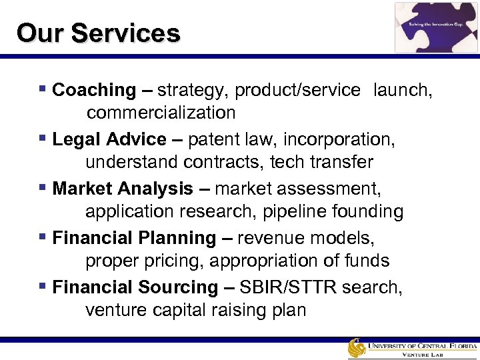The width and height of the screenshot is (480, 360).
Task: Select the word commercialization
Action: [161, 113]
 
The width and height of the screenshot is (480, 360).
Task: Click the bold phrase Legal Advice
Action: [109, 139]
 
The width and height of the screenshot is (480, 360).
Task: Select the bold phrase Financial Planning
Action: [134, 238]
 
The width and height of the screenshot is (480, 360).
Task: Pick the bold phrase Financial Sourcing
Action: [135, 287]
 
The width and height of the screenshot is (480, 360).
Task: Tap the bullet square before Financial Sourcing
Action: [43, 287]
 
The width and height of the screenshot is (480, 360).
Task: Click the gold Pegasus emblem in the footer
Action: [357, 349]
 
